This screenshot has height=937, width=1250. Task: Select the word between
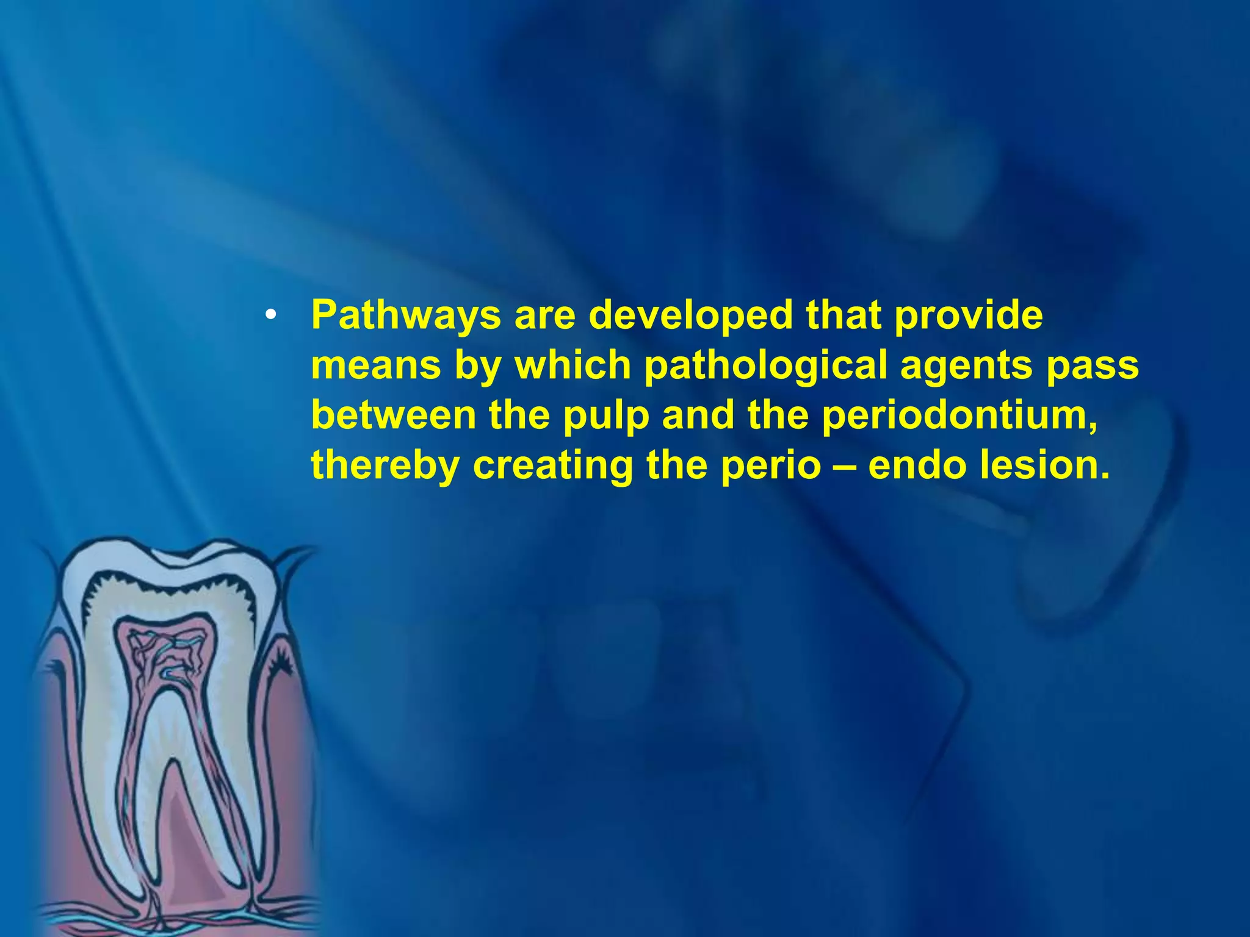pyautogui.click(x=394, y=415)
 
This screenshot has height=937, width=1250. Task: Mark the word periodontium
pyautogui.click(x=959, y=416)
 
